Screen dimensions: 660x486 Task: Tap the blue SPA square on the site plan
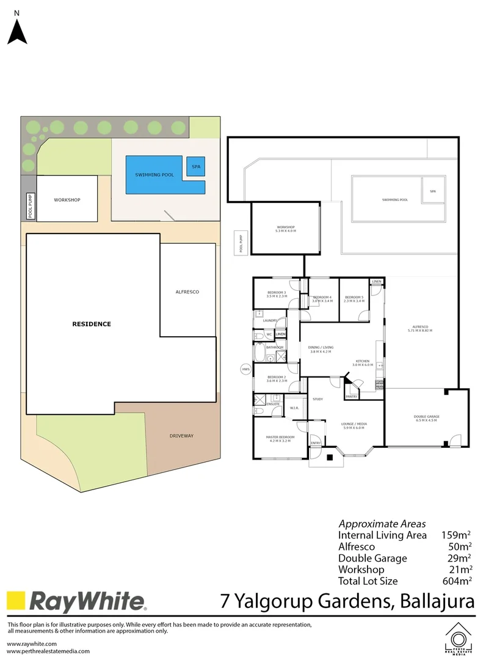196,166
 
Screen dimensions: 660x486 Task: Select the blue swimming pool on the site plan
154,175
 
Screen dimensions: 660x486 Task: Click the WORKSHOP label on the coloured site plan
67,200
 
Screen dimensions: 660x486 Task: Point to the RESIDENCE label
92,324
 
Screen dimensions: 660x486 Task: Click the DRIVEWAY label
181,436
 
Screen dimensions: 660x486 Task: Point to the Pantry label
351,397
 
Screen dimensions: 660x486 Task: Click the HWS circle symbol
246,370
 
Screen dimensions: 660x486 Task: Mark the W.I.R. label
294,408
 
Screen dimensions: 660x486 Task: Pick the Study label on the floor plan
317,399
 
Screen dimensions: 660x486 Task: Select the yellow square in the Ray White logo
16,601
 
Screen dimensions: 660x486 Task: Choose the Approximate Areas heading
382,524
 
